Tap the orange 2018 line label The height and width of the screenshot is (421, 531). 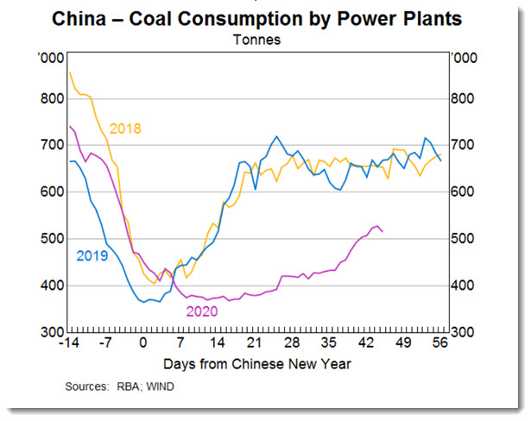coord(125,129)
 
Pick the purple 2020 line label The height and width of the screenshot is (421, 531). coord(200,312)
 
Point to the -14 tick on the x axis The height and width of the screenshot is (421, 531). coord(70,341)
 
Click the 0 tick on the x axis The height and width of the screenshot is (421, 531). coord(143,341)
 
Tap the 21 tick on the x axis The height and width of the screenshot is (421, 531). coord(255,341)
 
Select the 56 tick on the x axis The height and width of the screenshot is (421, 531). coord(439,341)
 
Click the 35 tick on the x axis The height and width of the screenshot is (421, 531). coord(329,341)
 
